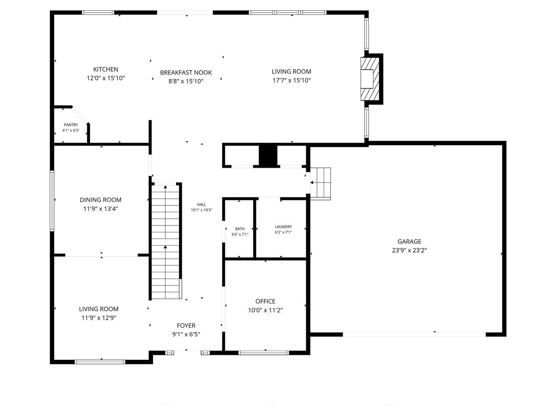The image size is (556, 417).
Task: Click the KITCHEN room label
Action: pos(106,69)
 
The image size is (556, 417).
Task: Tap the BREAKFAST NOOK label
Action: pos(186,73)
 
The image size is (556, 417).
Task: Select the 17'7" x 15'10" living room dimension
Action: pos(291,80)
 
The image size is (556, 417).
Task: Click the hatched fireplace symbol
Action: pos(370,79)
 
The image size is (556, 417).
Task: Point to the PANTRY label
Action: pos(71,125)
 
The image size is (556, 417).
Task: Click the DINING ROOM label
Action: pos(100,200)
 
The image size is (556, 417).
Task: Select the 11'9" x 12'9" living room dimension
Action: pos(99,318)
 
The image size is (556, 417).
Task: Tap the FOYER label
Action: pos(186,325)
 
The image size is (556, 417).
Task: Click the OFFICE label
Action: pos(265,301)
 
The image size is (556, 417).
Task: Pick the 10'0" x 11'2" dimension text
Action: pos(265,310)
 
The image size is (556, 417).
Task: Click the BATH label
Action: pos(240,229)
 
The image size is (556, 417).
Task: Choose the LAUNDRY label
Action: pos(283,227)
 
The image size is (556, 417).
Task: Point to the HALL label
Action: pos(202,205)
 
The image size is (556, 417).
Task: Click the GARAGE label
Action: pos(409,242)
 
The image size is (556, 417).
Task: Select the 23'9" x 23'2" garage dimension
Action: pos(409,250)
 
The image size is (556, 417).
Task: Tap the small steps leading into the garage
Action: pos(321,183)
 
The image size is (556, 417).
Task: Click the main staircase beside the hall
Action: pos(166,241)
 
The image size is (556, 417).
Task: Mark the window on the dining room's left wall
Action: pos(52,201)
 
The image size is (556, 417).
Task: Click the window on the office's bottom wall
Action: pos(264,353)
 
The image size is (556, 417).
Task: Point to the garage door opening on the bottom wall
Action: pos(414,334)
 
